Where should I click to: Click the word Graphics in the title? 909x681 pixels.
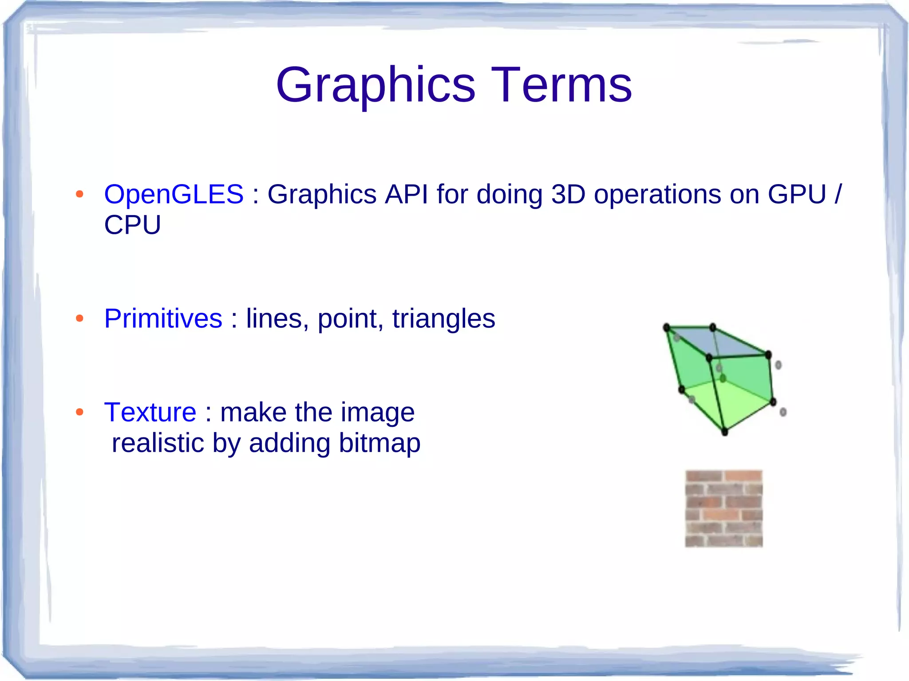[x=375, y=86]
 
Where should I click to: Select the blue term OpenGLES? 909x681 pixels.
[x=174, y=194]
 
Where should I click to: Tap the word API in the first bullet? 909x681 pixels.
[x=406, y=194]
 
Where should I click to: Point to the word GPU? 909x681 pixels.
[x=797, y=194]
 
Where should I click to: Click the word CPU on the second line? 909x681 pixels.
[x=132, y=225]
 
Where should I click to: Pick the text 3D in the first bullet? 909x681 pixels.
[x=568, y=194]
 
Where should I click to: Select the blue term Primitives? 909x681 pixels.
[x=163, y=319]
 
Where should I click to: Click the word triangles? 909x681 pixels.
[x=443, y=319]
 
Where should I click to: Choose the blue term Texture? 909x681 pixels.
[x=150, y=412]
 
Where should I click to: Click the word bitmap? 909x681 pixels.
[x=379, y=443]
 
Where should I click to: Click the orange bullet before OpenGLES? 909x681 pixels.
[x=79, y=194]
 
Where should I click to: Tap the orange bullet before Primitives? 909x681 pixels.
[x=79, y=319]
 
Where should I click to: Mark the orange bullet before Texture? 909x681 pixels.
[x=79, y=412]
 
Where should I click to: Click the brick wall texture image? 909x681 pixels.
[x=723, y=508]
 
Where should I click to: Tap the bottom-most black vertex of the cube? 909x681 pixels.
[x=725, y=432]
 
